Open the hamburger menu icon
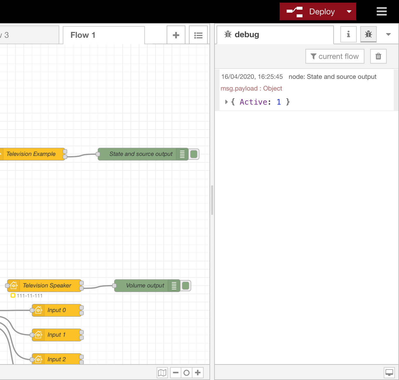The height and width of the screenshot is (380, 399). pyautogui.click(x=382, y=11)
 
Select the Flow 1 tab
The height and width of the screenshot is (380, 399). pyautogui.click(x=104, y=35)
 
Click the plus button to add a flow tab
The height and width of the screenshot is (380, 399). pyautogui.click(x=176, y=35)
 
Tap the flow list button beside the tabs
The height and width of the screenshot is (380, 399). pyautogui.click(x=198, y=35)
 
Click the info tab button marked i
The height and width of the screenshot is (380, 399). pyautogui.click(x=349, y=34)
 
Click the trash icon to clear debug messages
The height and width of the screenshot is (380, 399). pyautogui.click(x=378, y=56)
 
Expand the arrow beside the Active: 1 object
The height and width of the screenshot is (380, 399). pyautogui.click(x=226, y=102)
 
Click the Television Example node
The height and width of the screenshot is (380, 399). pyautogui.click(x=31, y=154)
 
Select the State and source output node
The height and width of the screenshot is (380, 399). pyautogui.click(x=143, y=154)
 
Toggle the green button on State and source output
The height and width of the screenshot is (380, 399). pyautogui.click(x=194, y=154)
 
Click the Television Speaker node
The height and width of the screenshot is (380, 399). pyautogui.click(x=44, y=286)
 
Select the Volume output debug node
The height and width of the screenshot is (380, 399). pyautogui.click(x=147, y=286)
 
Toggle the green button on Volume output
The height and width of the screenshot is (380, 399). pyautogui.click(x=185, y=286)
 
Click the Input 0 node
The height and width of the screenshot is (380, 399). pyautogui.click(x=57, y=310)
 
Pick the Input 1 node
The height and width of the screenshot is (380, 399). pyautogui.click(x=57, y=335)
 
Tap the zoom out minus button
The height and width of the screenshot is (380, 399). pyautogui.click(x=175, y=372)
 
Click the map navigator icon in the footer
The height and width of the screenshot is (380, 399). pyautogui.click(x=162, y=372)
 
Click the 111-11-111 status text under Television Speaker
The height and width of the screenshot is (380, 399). pyautogui.click(x=30, y=296)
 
